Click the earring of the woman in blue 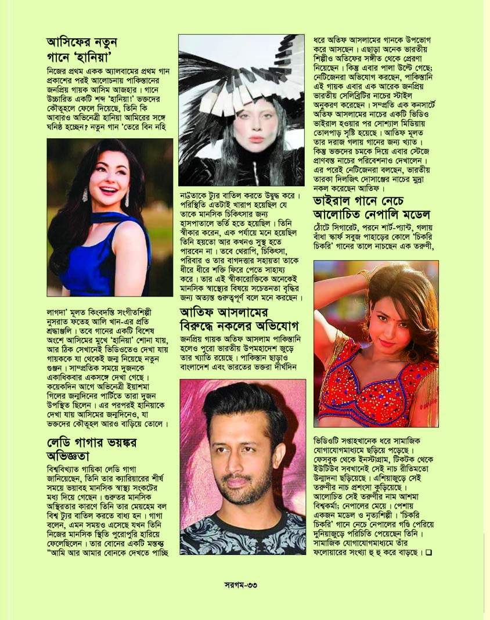[127, 199]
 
